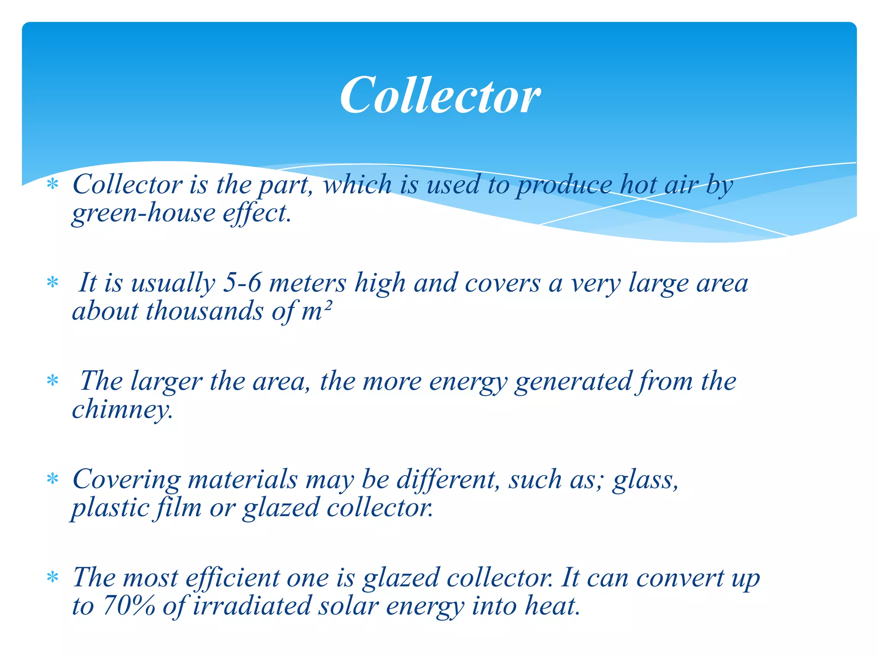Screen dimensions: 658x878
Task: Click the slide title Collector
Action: (x=440, y=95)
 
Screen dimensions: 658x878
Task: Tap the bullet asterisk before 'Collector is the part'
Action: (x=52, y=185)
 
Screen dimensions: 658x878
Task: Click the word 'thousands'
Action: (x=204, y=311)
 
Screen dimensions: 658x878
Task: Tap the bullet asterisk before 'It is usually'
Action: (x=52, y=283)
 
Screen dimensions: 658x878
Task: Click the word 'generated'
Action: (x=573, y=381)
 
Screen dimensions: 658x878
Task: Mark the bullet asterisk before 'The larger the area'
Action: (x=52, y=380)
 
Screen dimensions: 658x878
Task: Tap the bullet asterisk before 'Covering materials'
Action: (x=52, y=479)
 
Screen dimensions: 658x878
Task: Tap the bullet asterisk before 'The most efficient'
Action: (x=52, y=577)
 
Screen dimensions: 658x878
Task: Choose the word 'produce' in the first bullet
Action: (x=564, y=185)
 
